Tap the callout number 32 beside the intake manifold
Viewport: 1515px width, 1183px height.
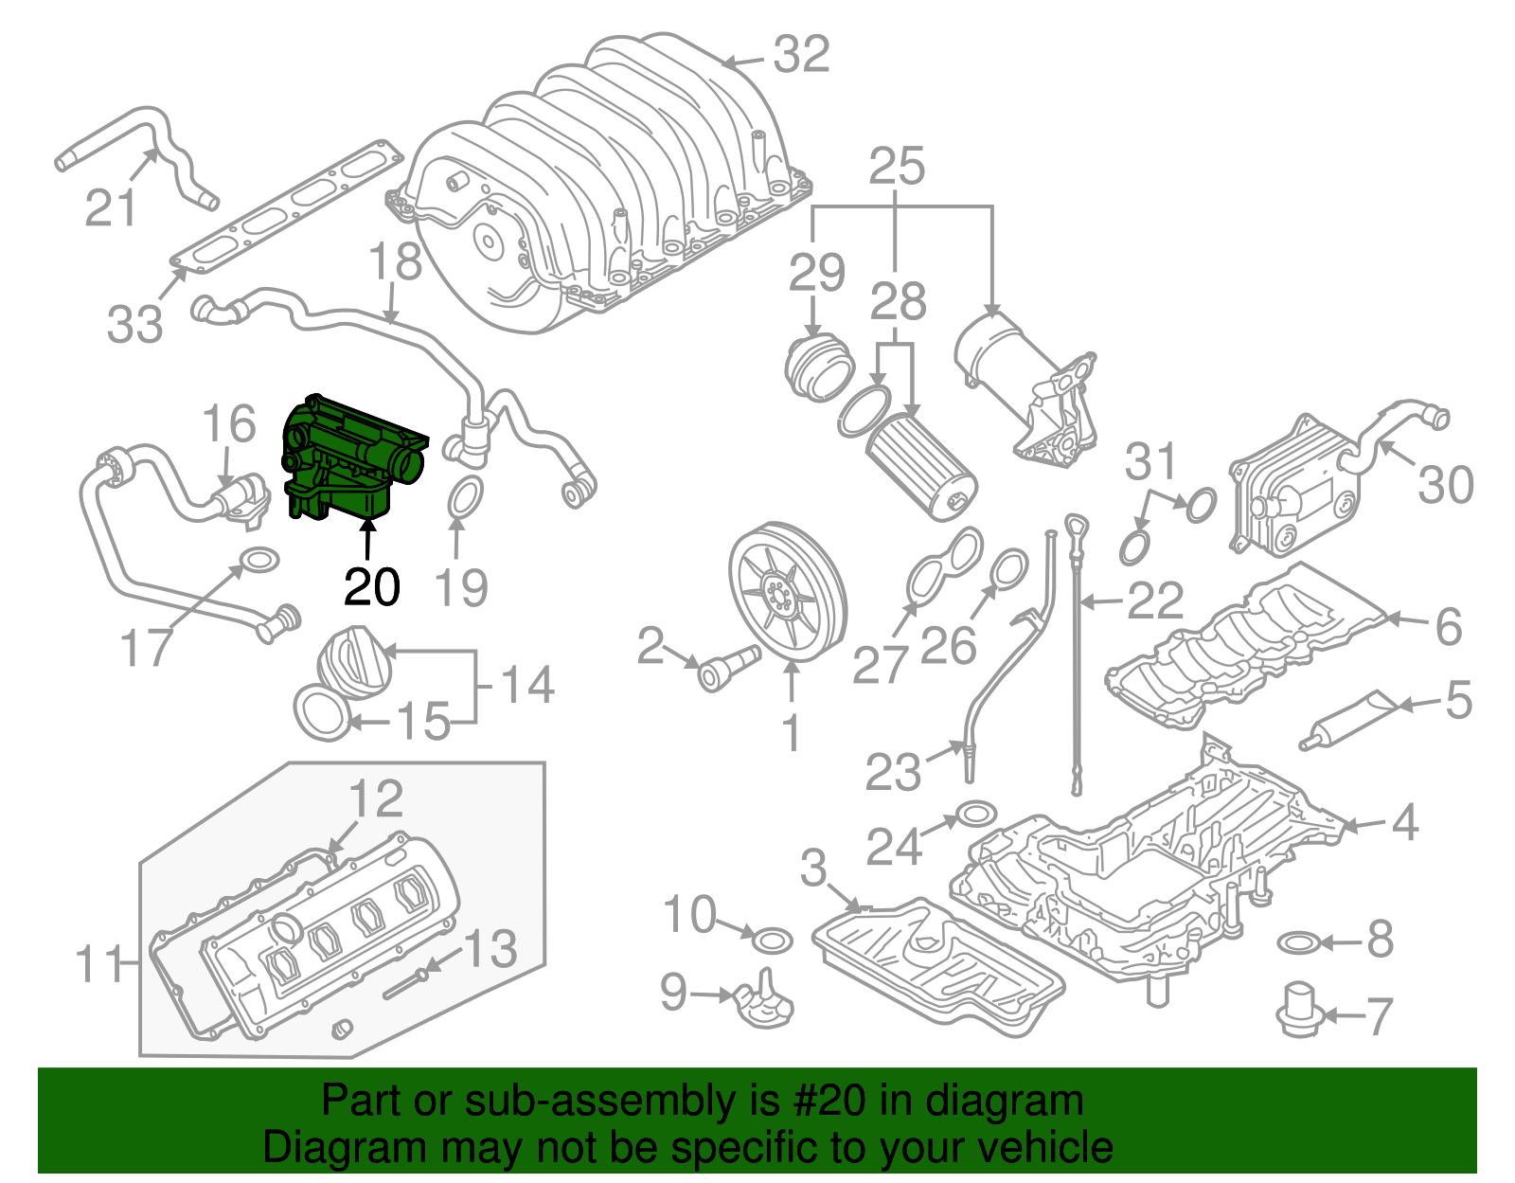[x=801, y=54]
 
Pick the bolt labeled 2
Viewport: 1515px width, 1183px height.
[x=727, y=665]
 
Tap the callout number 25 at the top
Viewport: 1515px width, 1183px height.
[x=897, y=167]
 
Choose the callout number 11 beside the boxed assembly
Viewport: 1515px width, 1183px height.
[x=99, y=963]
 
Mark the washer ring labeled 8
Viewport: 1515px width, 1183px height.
[x=1298, y=942]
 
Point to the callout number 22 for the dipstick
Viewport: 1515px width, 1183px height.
[x=1156, y=600]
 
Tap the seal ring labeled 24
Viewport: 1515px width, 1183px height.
[x=976, y=816]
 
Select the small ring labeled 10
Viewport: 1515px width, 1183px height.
[x=772, y=941]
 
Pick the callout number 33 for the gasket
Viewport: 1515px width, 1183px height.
[x=134, y=324]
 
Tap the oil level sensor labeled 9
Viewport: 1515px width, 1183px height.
[x=763, y=1003]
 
